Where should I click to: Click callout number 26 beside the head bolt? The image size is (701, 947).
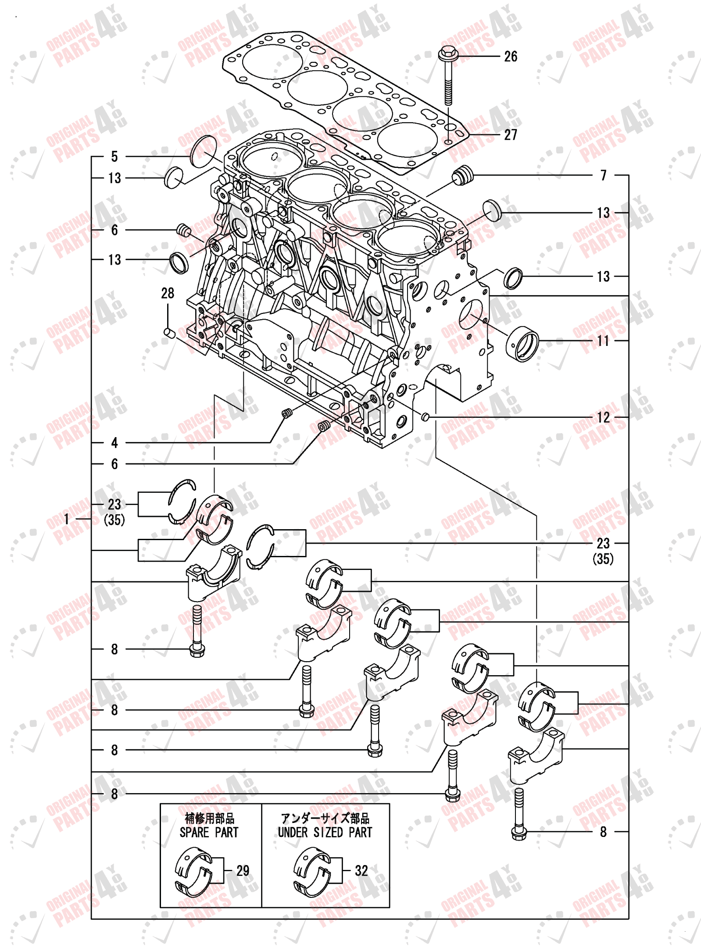(x=510, y=56)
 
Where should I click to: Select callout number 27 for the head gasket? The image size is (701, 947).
(x=510, y=135)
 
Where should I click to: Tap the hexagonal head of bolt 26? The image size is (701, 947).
(x=448, y=53)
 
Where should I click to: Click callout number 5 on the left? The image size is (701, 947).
(x=114, y=156)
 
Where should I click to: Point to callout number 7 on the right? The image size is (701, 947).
(x=603, y=175)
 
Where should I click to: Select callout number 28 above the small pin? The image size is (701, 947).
(x=168, y=293)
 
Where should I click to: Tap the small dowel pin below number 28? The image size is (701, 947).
(x=169, y=333)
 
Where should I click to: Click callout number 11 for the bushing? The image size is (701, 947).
(x=603, y=341)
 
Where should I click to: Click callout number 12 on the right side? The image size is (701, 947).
(x=603, y=417)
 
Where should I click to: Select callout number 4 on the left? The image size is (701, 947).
(x=114, y=442)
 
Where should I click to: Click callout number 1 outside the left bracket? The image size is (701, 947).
(x=67, y=519)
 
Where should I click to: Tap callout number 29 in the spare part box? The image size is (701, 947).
(x=243, y=870)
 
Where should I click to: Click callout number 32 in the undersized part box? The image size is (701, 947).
(x=361, y=870)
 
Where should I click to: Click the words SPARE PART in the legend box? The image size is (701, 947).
(x=209, y=832)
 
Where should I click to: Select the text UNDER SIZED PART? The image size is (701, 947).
(x=325, y=832)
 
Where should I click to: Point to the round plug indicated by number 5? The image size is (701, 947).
(x=204, y=152)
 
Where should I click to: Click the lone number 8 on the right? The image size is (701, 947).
(x=603, y=832)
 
